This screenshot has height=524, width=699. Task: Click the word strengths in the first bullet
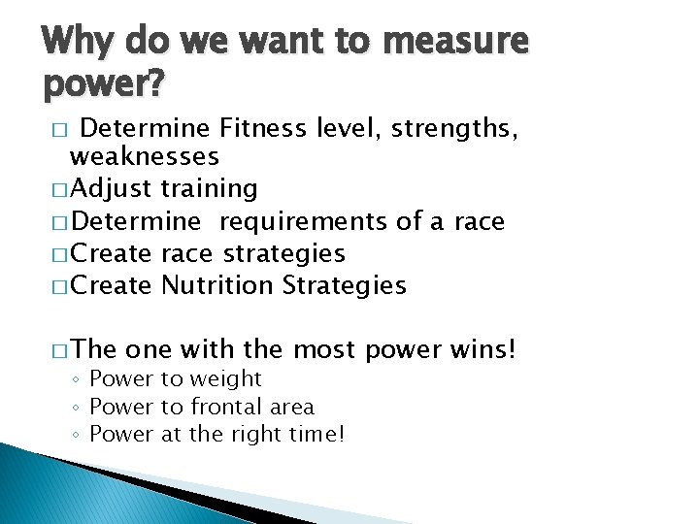pos(453,126)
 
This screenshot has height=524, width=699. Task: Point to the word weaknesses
pos(145,155)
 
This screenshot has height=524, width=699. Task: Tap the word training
pos(210,187)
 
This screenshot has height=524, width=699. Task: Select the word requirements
pos(304,221)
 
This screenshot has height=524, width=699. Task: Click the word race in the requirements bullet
pos(478,221)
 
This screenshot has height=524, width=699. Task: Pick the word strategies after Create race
pos(284,253)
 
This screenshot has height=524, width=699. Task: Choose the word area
pos(292,407)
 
